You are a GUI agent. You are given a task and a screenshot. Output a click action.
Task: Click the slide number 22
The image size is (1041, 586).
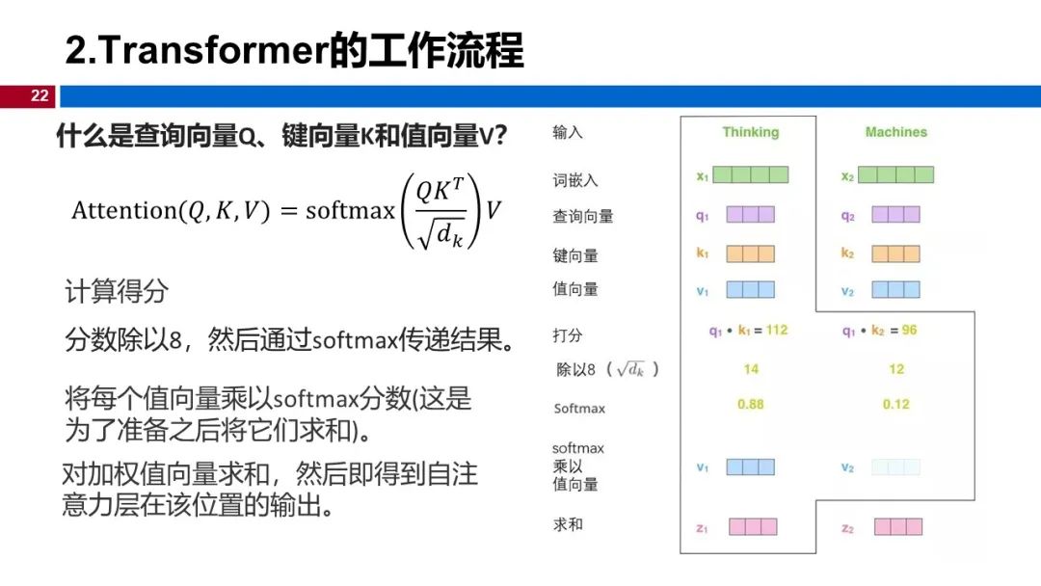click(39, 95)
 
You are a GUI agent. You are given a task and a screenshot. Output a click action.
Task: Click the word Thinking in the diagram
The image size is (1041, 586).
click(750, 132)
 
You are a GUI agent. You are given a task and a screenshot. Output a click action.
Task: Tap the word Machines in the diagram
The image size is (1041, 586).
click(895, 132)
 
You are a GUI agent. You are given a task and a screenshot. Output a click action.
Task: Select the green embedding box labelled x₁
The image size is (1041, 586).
click(751, 174)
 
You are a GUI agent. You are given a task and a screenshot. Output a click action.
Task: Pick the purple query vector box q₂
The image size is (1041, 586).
click(895, 215)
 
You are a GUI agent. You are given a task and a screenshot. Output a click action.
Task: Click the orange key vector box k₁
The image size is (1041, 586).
click(750, 253)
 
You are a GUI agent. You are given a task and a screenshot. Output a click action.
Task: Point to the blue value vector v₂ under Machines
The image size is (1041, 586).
click(895, 289)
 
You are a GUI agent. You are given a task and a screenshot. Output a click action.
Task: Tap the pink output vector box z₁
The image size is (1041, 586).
click(752, 526)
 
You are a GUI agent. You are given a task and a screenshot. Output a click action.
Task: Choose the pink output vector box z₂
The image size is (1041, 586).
click(897, 526)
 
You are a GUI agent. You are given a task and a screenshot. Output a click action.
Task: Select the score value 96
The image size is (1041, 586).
click(909, 330)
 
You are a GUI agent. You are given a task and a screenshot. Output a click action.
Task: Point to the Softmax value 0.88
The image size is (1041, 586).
click(750, 404)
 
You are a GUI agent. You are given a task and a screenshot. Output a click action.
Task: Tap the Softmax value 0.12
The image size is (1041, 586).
click(895, 404)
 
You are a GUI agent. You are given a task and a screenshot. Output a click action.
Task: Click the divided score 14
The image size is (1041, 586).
click(750, 368)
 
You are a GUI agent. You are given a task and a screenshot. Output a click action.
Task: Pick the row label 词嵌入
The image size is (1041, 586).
click(576, 180)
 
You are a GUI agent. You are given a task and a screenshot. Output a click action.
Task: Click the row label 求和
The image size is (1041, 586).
click(569, 524)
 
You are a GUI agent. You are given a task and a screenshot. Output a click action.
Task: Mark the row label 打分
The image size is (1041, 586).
click(569, 335)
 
